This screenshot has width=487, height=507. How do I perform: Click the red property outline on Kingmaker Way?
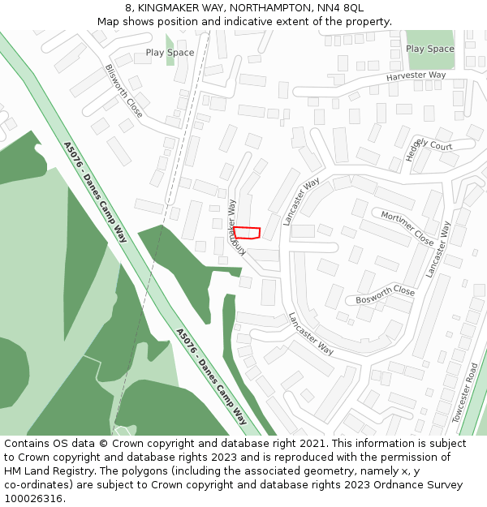point(247,233)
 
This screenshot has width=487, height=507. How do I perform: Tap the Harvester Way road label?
point(416,75)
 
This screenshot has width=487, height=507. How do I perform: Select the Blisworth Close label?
point(124,91)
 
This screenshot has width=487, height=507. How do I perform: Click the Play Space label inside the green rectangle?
point(430,49)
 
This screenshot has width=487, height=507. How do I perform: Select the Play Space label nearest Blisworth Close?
point(170,53)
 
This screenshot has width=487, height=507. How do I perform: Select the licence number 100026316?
point(33,499)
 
